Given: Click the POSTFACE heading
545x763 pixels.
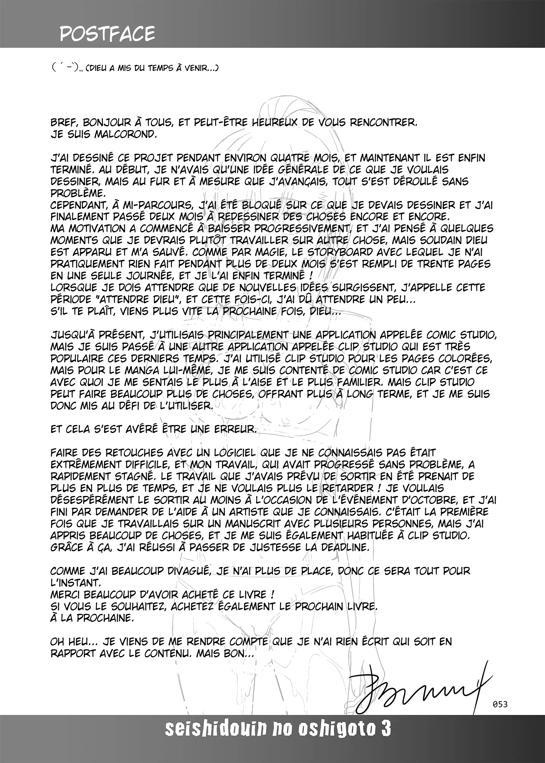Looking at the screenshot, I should point(107,34).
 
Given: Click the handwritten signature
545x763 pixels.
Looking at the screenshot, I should point(419,689).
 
